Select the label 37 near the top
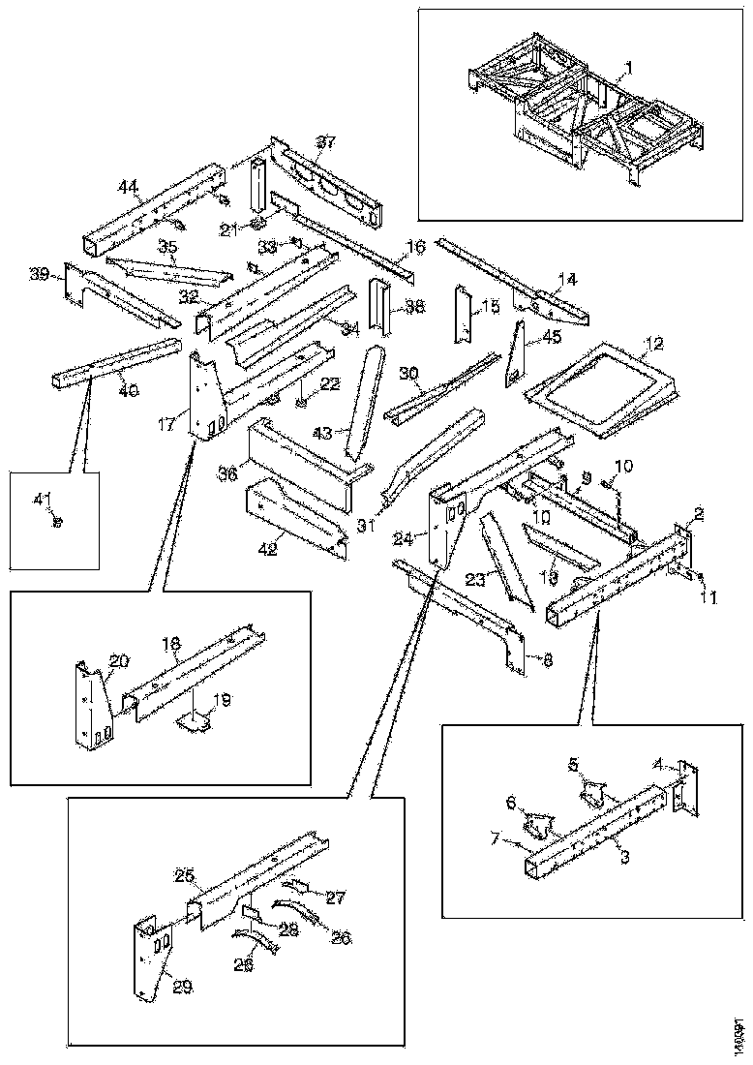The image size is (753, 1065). [x=326, y=142]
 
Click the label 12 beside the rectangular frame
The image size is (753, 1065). [x=655, y=344]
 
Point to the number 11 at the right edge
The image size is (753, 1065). [x=708, y=598]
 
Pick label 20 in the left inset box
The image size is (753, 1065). [x=118, y=660]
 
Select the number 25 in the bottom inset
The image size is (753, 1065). [x=185, y=876]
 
